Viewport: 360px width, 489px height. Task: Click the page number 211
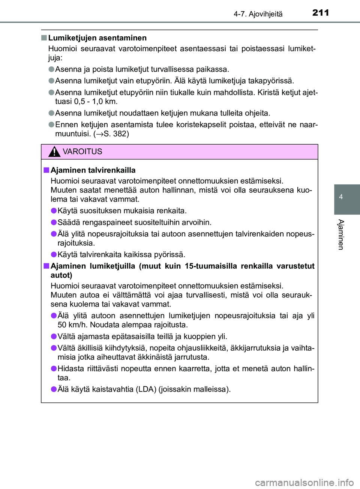click(321, 13)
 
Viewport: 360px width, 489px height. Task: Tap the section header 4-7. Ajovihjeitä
click(258, 14)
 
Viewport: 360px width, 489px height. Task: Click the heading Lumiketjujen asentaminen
click(97, 38)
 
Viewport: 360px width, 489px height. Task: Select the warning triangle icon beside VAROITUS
click(54, 152)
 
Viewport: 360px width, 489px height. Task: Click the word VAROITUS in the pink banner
click(82, 152)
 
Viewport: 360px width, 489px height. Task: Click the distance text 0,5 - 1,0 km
click(96, 102)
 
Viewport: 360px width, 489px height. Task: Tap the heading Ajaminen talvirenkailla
click(93, 170)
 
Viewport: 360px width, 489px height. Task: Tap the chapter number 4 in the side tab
click(341, 197)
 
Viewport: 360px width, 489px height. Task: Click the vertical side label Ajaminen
click(341, 235)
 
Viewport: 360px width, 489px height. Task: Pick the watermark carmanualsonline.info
click(304, 482)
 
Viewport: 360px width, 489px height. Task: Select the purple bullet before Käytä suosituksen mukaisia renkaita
click(54, 211)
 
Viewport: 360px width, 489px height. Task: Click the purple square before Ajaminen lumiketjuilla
click(46, 266)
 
